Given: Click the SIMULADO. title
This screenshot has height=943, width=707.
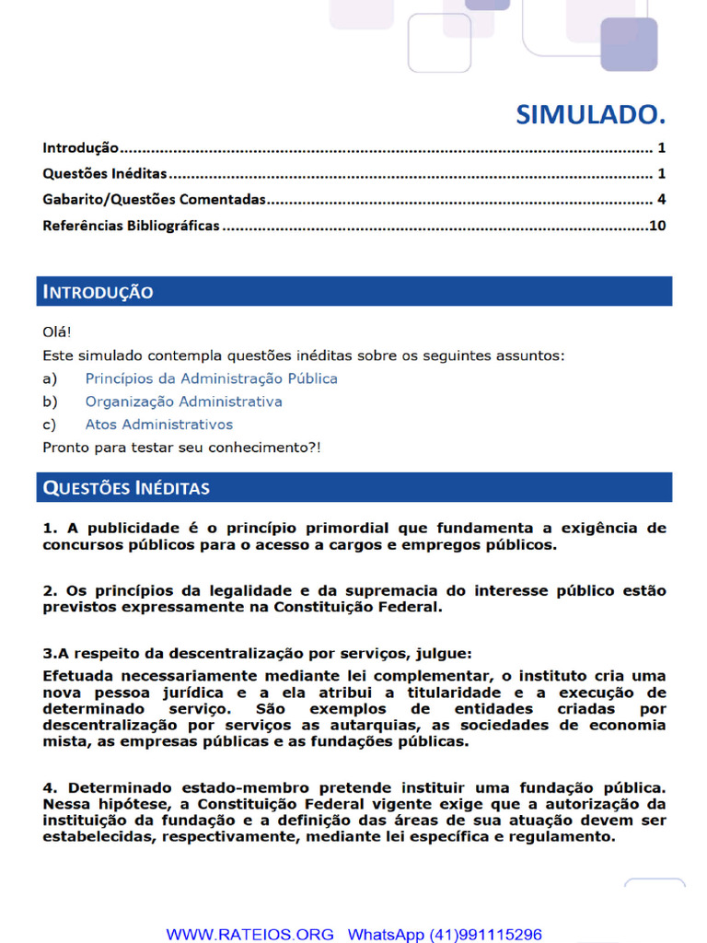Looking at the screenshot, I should point(589,115).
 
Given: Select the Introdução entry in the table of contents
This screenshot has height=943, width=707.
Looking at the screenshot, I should point(81,147).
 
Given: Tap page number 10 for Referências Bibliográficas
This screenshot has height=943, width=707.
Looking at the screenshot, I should point(656,226).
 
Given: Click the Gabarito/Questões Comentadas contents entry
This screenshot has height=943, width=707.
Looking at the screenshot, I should point(154,199).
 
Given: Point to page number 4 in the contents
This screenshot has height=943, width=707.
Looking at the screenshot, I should point(661,199).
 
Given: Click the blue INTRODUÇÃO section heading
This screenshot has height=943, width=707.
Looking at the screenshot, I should point(99,293).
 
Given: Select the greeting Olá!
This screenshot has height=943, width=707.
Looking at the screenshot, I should point(56,332).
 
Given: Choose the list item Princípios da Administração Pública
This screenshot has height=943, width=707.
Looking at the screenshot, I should point(211,378).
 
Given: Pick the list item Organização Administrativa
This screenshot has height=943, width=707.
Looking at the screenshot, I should point(183,402).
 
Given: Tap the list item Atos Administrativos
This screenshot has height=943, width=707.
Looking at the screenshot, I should point(158,425).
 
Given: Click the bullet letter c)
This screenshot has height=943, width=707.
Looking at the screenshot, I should point(50,425).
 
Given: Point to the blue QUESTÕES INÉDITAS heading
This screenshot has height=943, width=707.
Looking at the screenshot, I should point(126,488).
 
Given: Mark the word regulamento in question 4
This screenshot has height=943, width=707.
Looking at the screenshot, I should point(564,837).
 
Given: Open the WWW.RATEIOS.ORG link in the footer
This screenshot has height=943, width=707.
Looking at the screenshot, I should point(249,934).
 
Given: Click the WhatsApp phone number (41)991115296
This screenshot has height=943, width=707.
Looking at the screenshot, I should point(485,934).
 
